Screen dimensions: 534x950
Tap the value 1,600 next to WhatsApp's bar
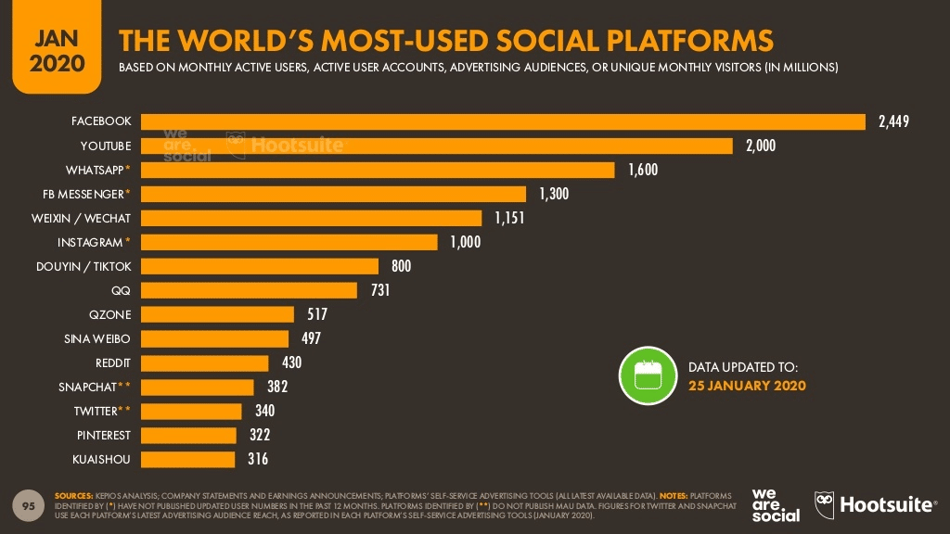643,170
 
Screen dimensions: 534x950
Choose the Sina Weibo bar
214,338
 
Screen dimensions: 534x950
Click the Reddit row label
113,362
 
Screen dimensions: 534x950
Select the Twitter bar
190,411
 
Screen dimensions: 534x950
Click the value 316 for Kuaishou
259,459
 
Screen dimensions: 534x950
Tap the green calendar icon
648,375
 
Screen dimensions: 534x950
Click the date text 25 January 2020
747,386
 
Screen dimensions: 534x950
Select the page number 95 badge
29,506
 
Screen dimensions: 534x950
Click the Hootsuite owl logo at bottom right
826,505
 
